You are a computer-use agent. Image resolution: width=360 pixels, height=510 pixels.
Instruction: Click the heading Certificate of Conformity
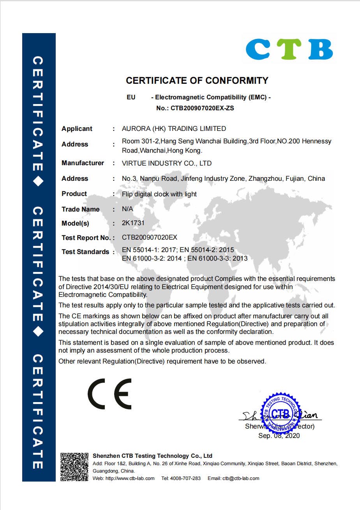click(197, 81)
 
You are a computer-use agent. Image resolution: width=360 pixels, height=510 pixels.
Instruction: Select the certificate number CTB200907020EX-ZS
click(202, 108)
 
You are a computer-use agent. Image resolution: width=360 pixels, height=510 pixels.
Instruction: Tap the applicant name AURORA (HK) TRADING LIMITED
click(174, 129)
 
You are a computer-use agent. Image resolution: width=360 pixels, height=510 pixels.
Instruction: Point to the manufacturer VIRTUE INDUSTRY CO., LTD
click(167, 163)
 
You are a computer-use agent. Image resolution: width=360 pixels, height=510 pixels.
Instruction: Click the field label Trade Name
click(80, 209)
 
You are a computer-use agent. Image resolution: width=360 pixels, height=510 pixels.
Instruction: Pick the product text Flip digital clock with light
click(159, 194)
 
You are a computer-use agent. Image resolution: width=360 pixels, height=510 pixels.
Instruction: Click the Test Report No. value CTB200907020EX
click(150, 237)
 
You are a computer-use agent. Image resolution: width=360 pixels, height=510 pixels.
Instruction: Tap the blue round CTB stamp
click(280, 414)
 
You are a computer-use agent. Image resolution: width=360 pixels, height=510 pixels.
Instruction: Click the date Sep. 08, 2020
click(279, 436)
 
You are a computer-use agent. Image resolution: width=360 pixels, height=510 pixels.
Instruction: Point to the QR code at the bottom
click(74, 466)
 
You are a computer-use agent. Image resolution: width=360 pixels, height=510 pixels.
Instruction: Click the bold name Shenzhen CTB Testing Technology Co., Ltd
click(152, 456)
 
